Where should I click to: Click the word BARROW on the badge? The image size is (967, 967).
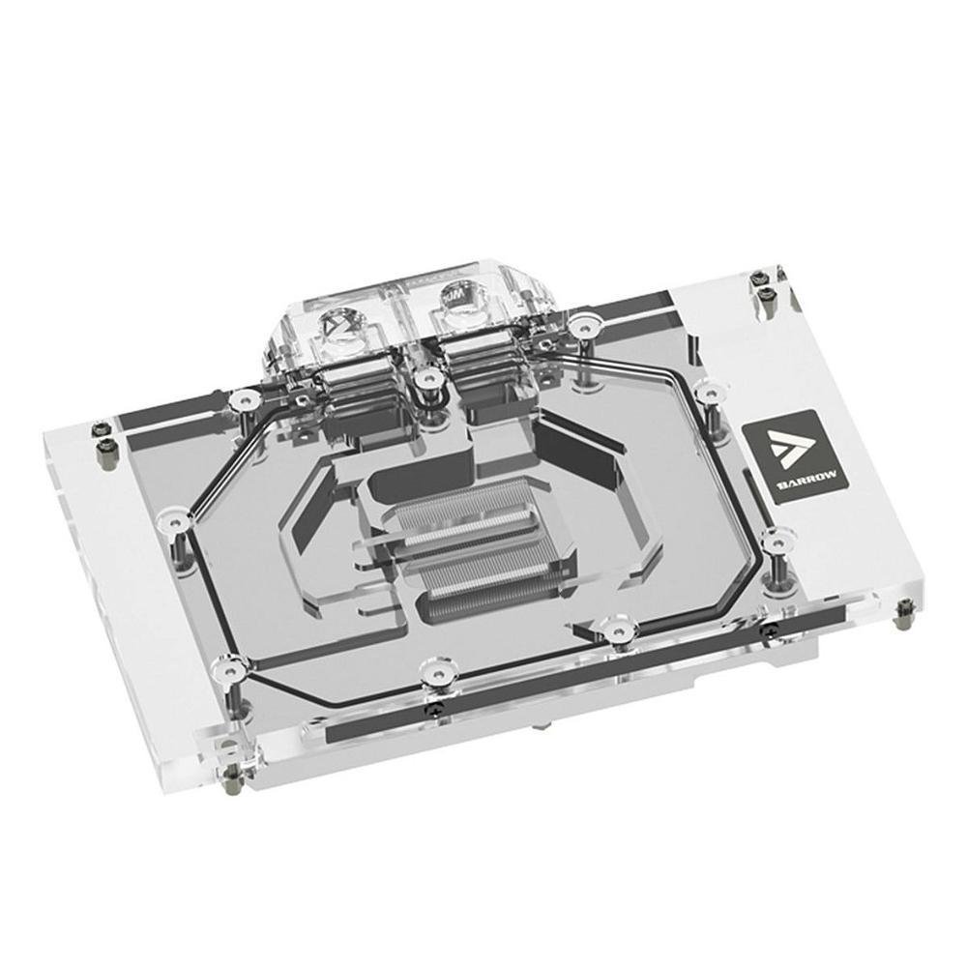pos(786,477)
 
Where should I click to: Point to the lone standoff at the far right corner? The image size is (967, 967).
pos(906,607)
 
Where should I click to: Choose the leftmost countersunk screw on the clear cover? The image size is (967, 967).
pos(174,520)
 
